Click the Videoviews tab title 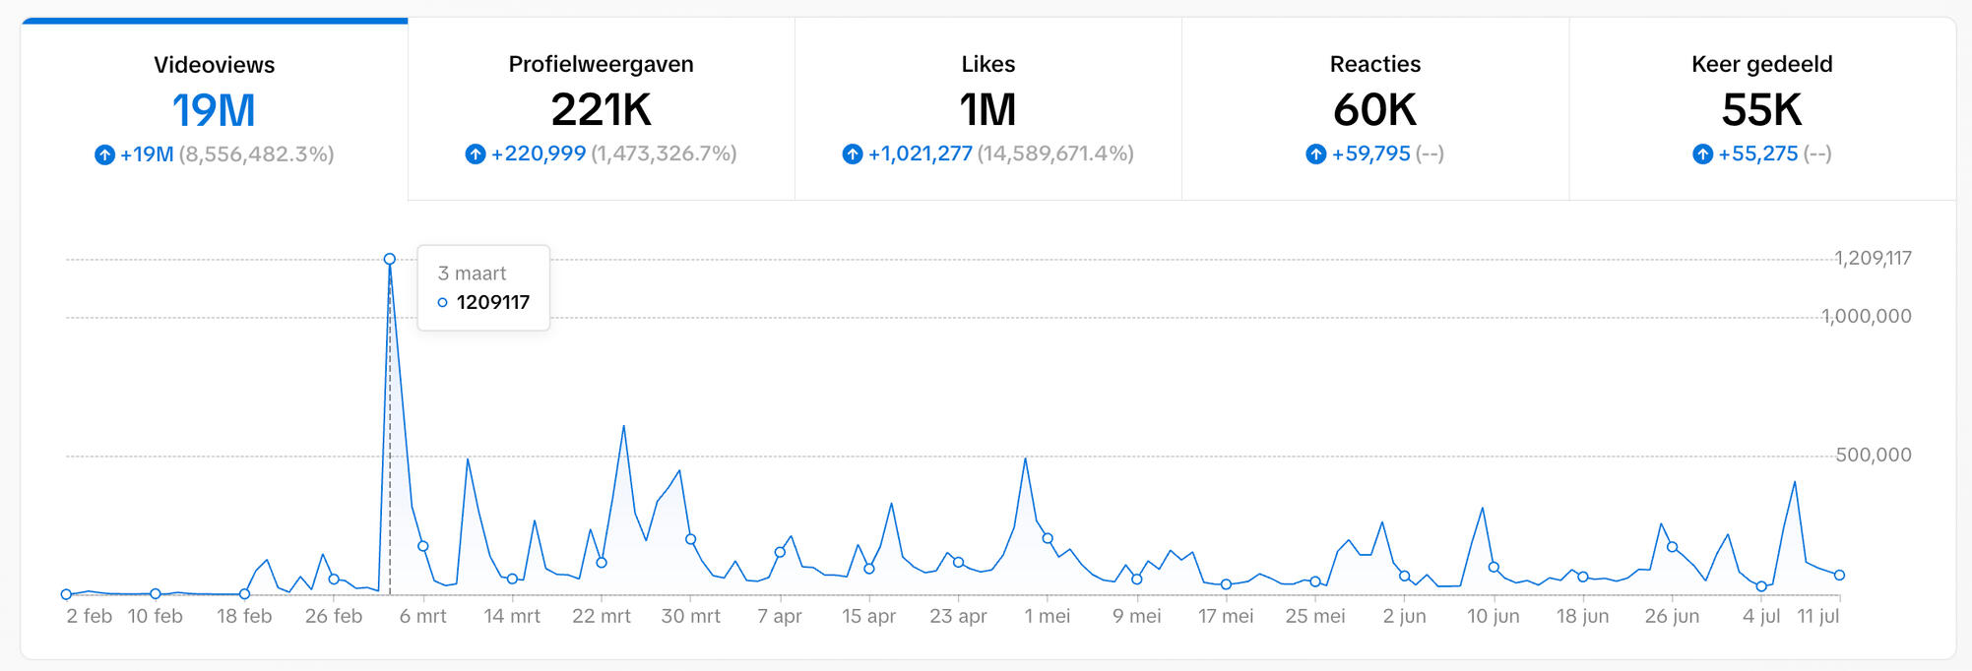[214, 65]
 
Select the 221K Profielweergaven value [601, 109]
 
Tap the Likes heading [987, 64]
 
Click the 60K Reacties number [1374, 109]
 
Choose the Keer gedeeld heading [1761, 64]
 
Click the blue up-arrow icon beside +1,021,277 [853, 153]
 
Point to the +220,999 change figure [539, 153]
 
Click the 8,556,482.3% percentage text [256, 154]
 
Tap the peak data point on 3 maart [390, 259]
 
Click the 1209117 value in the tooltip [492, 302]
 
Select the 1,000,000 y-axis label [1866, 316]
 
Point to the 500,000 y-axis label [1873, 455]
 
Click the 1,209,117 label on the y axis [1873, 258]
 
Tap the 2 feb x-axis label [89, 616]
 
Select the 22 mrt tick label [602, 616]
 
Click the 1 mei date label [1047, 616]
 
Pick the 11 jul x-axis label [1817, 616]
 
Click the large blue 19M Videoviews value [214, 110]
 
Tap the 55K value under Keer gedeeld [1761, 109]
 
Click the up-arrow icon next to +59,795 [1316, 153]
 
